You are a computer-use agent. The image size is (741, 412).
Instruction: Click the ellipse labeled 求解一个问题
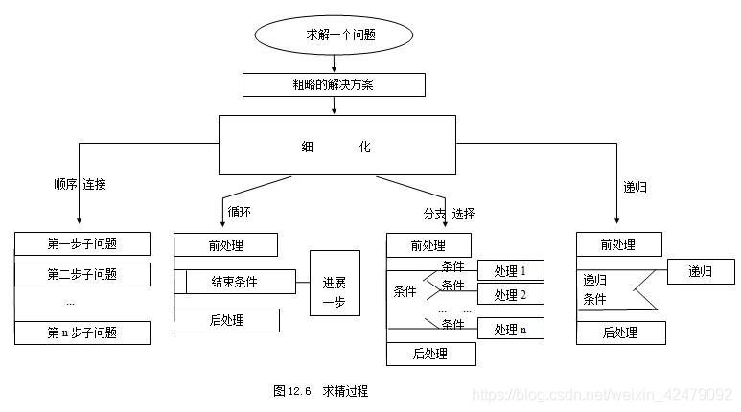[333, 35]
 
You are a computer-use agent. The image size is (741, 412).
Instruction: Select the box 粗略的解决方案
[333, 85]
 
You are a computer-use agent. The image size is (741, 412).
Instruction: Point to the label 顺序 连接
[80, 184]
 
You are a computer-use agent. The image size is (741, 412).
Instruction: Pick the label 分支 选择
[449, 213]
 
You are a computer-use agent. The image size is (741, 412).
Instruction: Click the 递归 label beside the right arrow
[635, 187]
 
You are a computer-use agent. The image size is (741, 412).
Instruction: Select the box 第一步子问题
[82, 242]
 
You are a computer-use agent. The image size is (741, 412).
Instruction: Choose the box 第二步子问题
[82, 274]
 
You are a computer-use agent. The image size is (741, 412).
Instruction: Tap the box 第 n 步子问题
[82, 333]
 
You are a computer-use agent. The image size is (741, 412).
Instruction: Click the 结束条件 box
[241, 282]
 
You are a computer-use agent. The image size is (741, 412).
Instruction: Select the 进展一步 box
[335, 283]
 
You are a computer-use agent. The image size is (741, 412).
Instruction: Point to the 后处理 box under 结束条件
[227, 320]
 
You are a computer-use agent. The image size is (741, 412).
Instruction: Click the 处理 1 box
[511, 270]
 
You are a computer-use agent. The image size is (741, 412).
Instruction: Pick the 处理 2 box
[511, 294]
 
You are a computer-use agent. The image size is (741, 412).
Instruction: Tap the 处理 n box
[511, 329]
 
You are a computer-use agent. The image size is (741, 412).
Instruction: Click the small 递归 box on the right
[701, 272]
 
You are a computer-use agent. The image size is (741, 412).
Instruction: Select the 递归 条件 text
[595, 289]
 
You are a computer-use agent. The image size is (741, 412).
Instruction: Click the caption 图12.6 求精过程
[320, 391]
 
